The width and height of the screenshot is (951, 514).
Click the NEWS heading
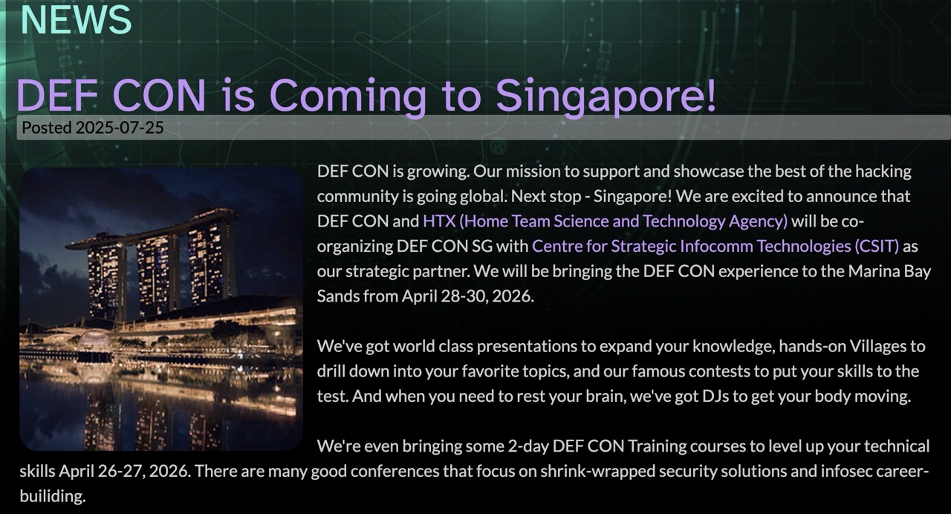point(76,19)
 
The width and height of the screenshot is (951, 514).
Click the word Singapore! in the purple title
point(606,97)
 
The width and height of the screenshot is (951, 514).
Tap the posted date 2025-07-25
point(120,128)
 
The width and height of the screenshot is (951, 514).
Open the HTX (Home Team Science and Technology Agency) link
point(605,221)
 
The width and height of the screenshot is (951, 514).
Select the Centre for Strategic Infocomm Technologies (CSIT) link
point(715,246)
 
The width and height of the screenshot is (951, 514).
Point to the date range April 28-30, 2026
point(468,296)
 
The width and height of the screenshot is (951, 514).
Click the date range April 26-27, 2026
point(124,471)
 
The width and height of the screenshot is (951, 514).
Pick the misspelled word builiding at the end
point(53,495)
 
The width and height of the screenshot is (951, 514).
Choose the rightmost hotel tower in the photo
point(211,261)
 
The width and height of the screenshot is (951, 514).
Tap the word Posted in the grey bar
point(47,128)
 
